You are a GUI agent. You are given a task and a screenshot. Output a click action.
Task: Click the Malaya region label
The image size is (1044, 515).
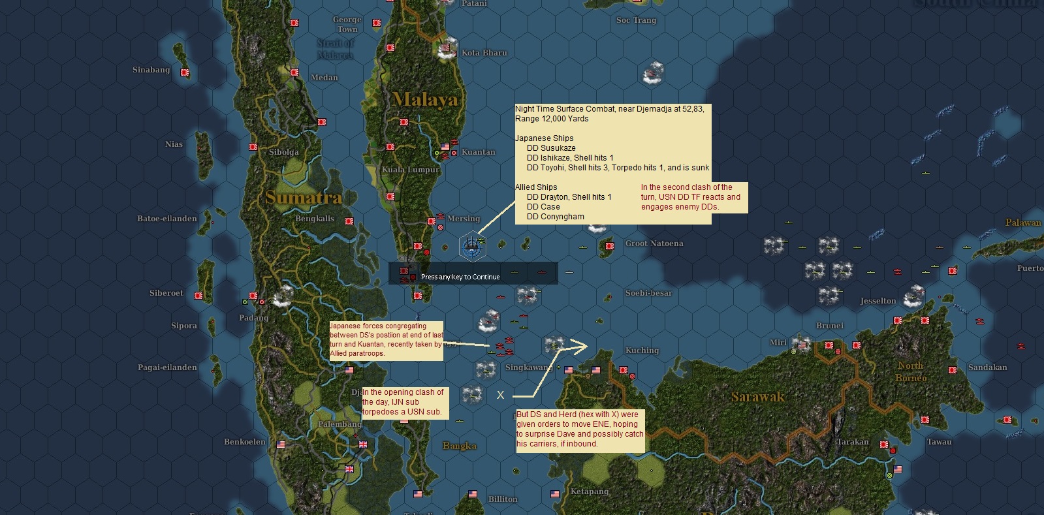426,99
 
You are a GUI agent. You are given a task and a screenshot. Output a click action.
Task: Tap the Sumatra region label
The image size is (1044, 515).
304,197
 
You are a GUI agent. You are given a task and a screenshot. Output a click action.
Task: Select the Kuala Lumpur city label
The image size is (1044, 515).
411,170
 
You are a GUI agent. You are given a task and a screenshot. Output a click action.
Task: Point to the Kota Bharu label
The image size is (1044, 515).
484,53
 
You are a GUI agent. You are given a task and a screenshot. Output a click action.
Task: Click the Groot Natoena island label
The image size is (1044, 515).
654,243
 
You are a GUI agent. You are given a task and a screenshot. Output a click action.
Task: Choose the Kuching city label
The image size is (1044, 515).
642,351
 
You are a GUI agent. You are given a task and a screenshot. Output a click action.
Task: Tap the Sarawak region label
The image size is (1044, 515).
757,396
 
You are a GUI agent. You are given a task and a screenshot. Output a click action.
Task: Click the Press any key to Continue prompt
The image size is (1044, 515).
460,277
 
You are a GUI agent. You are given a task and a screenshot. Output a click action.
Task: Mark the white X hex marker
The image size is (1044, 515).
501,395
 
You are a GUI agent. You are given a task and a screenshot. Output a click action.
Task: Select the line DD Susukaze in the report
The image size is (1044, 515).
551,148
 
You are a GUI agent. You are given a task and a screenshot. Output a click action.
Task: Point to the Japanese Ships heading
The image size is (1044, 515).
544,138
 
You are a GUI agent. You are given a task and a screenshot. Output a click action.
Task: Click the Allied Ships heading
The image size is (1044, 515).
536,187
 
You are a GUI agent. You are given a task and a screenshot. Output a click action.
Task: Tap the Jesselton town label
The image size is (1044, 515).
878,301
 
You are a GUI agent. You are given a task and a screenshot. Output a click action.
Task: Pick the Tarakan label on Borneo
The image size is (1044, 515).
852,442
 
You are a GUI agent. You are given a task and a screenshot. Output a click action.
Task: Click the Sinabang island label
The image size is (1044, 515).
151,70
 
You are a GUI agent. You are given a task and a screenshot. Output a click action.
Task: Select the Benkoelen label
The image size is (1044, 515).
244,442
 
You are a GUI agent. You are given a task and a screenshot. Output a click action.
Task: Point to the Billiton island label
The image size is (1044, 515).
503,499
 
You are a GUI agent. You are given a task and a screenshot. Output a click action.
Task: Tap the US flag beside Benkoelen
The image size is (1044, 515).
281,445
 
